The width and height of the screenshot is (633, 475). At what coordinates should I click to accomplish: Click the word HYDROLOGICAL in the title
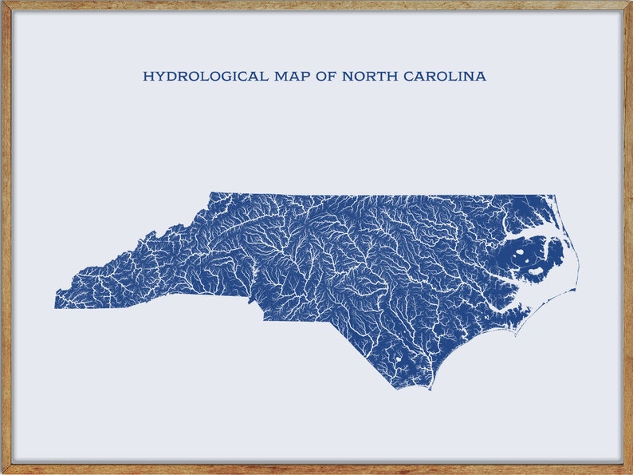[x=195, y=77]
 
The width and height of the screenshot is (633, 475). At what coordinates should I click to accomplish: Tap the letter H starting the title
[x=147, y=77]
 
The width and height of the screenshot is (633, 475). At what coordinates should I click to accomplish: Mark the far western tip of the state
[x=55, y=307]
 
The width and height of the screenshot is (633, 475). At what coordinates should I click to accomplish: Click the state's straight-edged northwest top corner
[x=210, y=193]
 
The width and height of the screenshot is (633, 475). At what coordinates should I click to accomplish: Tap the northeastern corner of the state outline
[x=556, y=195]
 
